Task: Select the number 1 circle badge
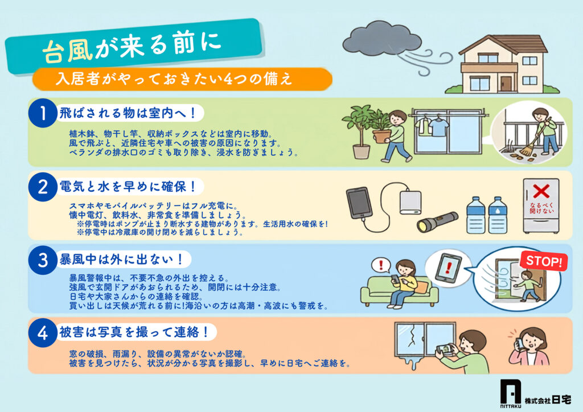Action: tap(43, 113)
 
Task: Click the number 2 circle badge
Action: tap(43, 187)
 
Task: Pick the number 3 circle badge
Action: tap(43, 259)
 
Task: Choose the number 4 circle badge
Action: tap(43, 332)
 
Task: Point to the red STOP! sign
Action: tap(544, 261)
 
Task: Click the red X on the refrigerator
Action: tap(541, 192)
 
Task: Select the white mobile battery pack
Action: tap(410, 203)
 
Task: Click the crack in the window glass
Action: tap(412, 336)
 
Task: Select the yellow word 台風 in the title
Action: tap(67, 50)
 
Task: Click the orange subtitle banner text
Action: tap(174, 79)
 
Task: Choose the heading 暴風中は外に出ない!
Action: tap(121, 259)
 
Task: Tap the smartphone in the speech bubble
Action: tap(449, 267)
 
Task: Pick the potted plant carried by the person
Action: tap(380, 125)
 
